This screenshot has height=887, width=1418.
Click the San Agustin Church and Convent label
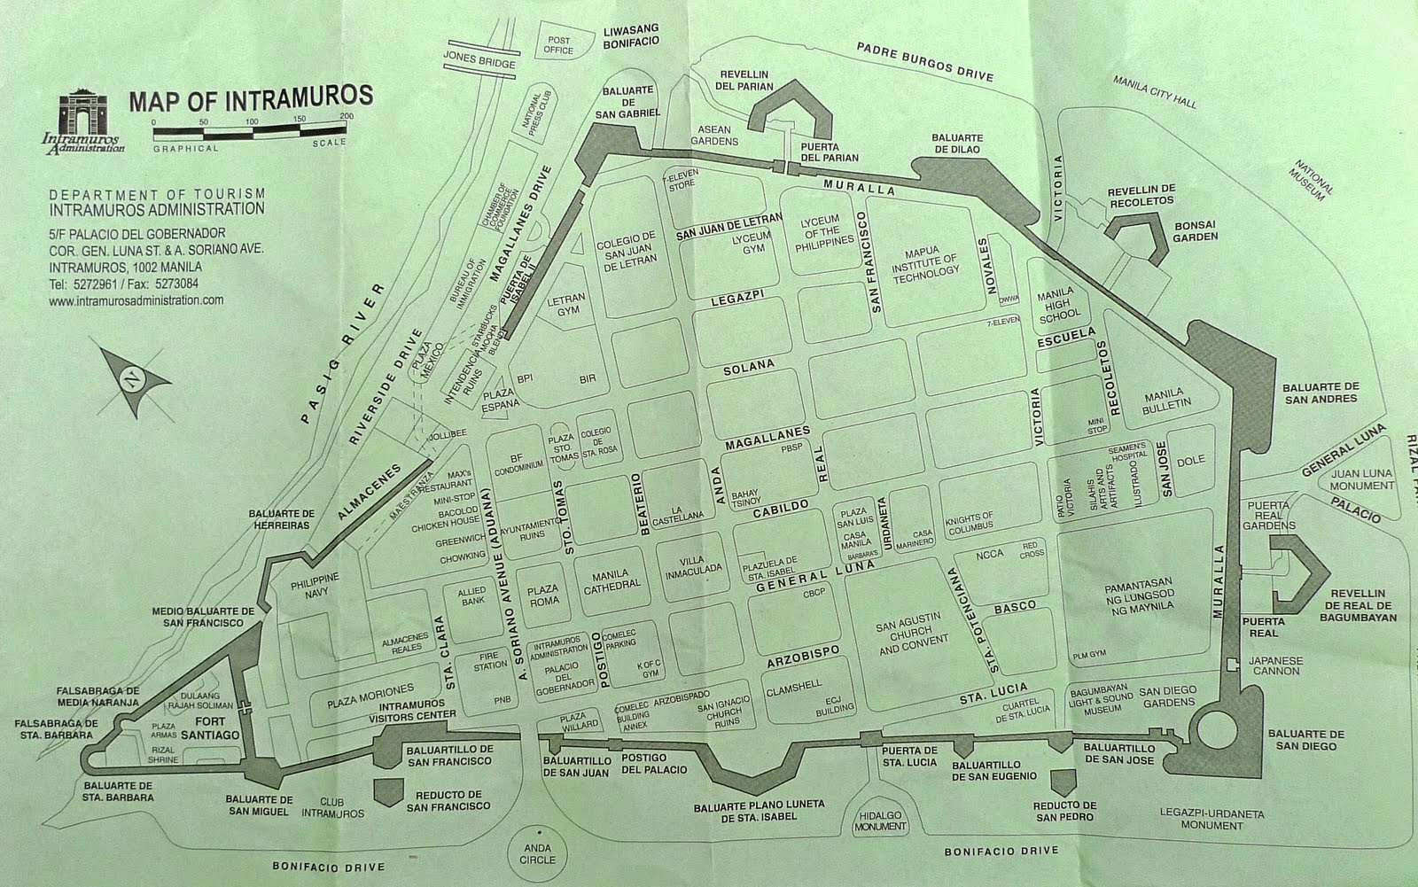(x=912, y=636)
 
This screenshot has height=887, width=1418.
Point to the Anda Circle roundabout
(x=538, y=852)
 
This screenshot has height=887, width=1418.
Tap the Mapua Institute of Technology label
(x=925, y=260)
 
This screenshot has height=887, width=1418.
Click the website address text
(x=137, y=300)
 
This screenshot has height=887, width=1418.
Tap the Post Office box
(x=559, y=45)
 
